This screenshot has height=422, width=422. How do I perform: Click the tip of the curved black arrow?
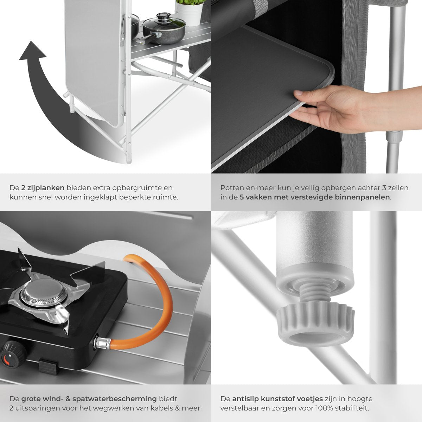coord(31,41)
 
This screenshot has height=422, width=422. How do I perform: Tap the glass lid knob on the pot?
coord(163,17)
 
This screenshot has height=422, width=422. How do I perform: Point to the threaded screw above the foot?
coord(315,296)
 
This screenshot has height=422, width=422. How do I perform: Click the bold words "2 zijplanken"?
coord(43,188)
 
